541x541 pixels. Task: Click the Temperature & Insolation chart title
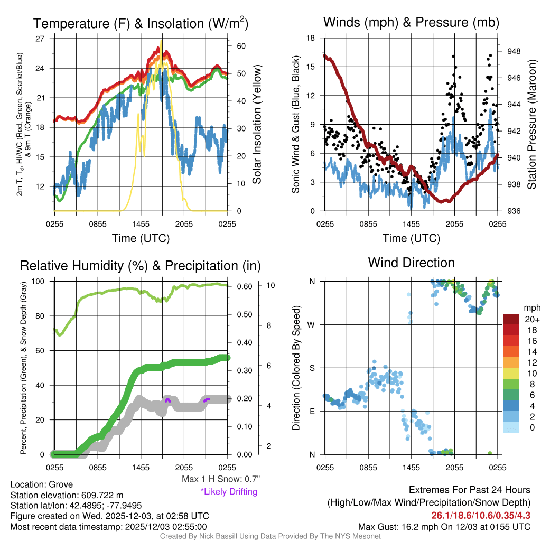141,24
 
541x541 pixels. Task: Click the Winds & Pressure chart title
411,23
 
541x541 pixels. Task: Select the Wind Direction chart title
411,263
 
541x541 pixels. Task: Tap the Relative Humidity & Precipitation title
141,265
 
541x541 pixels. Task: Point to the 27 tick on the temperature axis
40,39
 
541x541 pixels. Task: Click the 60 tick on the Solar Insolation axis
242,46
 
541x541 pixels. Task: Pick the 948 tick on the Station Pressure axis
514,51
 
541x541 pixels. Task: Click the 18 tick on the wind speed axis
311,38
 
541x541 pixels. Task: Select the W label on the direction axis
312,324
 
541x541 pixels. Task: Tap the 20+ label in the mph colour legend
531,320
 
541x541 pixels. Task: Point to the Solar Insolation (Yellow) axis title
257,125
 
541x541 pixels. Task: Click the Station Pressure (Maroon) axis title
531,125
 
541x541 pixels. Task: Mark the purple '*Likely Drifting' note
229,492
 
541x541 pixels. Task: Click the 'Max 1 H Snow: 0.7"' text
220,479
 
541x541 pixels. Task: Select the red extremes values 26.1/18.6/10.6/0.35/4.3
480,515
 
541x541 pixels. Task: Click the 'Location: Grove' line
41,484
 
